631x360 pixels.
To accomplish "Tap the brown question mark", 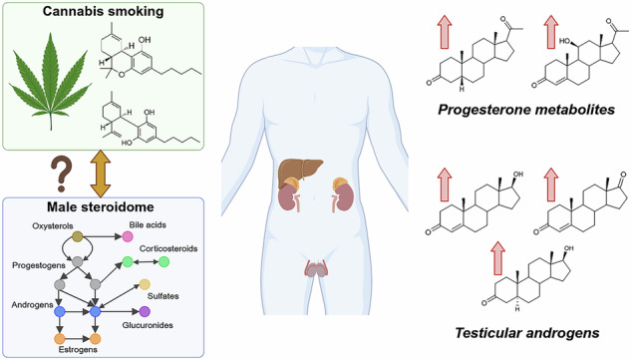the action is point(61,175).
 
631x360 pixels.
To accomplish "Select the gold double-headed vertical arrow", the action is point(101,174).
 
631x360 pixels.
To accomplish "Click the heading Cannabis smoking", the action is point(103,11).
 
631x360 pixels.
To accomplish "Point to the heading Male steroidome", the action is point(101,207).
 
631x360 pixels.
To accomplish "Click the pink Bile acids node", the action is point(128,236).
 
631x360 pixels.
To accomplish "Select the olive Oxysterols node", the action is point(77,236).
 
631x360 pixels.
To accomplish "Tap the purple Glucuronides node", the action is point(145,311).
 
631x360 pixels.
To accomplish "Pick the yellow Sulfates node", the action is point(145,284).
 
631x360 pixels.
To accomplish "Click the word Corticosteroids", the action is point(168,249).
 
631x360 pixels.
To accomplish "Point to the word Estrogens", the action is point(78,350).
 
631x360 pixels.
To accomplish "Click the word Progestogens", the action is point(39,266).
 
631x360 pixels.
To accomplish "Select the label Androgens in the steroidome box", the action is point(32,305).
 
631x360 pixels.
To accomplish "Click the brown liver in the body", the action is point(299,172).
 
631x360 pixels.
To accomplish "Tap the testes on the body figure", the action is point(315,269).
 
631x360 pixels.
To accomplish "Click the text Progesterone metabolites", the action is point(526,110).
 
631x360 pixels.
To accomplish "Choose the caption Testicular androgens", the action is point(527,333).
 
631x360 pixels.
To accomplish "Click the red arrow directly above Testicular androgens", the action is point(497,258).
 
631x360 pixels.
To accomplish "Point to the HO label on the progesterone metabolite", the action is point(565,41).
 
